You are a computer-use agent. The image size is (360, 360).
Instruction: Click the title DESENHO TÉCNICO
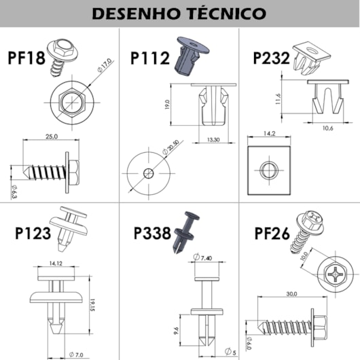(179, 13)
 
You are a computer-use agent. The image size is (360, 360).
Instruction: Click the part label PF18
(26, 58)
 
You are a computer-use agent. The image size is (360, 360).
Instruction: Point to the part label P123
(33, 234)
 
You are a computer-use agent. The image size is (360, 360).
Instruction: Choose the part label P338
(153, 234)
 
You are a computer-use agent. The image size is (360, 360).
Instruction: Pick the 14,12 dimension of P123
(56, 264)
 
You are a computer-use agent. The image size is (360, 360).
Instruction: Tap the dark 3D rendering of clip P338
(187, 232)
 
